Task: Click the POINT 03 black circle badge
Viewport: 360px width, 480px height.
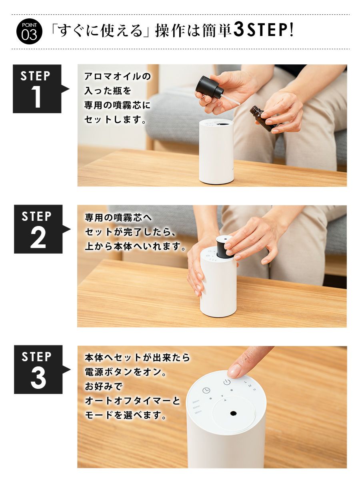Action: click(30, 31)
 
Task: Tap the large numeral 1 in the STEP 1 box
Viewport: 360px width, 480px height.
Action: click(36, 96)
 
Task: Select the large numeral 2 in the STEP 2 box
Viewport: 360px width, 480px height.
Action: click(38, 237)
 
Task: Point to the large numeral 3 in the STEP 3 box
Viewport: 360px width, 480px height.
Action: click(38, 378)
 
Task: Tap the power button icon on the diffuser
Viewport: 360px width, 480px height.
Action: click(227, 382)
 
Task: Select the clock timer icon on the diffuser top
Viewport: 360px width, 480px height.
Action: click(206, 390)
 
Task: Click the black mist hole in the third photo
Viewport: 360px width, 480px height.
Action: click(233, 413)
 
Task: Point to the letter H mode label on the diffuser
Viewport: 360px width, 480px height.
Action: click(254, 390)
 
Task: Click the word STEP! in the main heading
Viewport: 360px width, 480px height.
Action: click(271, 30)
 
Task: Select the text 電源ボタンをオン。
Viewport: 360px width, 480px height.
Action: click(126, 372)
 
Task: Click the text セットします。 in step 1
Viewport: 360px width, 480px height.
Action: click(115, 120)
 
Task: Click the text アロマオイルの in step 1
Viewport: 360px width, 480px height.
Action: click(118, 76)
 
